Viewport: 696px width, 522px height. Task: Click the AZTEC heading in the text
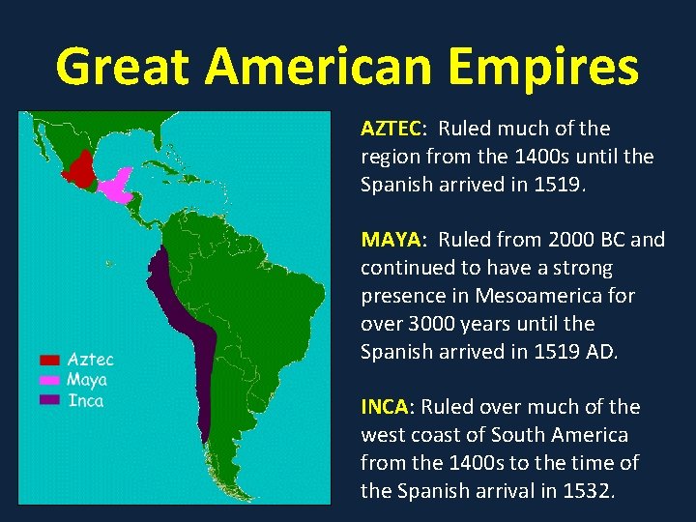[x=391, y=129]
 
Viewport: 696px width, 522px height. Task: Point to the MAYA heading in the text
[x=389, y=240]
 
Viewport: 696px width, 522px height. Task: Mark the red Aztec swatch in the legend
[x=49, y=360]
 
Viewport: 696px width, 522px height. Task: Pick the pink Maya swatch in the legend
[x=49, y=380]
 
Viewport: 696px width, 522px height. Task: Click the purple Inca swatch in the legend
[x=49, y=399]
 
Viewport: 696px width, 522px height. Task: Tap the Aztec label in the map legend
[x=90, y=360]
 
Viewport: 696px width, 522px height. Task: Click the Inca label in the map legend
[x=85, y=400]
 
